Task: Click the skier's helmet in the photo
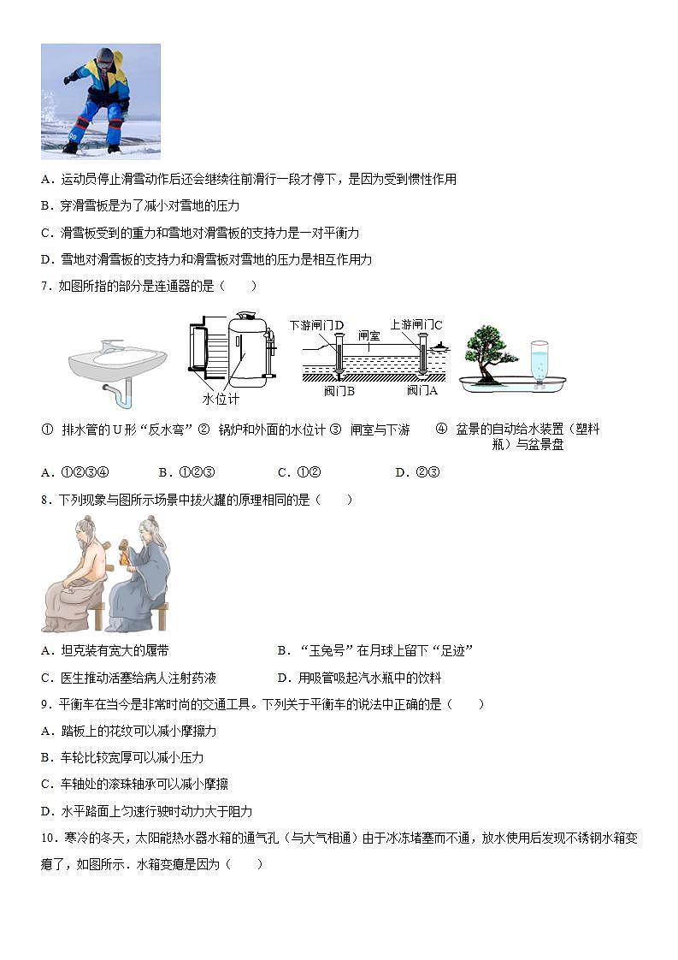pyautogui.click(x=104, y=56)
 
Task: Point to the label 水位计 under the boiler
pyautogui.click(x=221, y=400)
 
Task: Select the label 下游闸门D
pyautogui.click(x=316, y=325)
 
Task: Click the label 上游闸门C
pyautogui.click(x=416, y=325)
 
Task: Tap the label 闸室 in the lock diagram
pyautogui.click(x=369, y=336)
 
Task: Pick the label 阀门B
pyautogui.click(x=339, y=390)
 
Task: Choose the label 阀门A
pyautogui.click(x=422, y=390)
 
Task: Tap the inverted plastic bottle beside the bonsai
pyautogui.click(x=539, y=361)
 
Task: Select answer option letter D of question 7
pyautogui.click(x=400, y=472)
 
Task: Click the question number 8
pyautogui.click(x=45, y=500)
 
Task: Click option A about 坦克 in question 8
pyautogui.click(x=104, y=651)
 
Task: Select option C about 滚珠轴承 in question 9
pyautogui.click(x=134, y=785)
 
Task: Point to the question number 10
pyautogui.click(x=49, y=838)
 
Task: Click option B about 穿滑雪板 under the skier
pyautogui.click(x=139, y=206)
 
